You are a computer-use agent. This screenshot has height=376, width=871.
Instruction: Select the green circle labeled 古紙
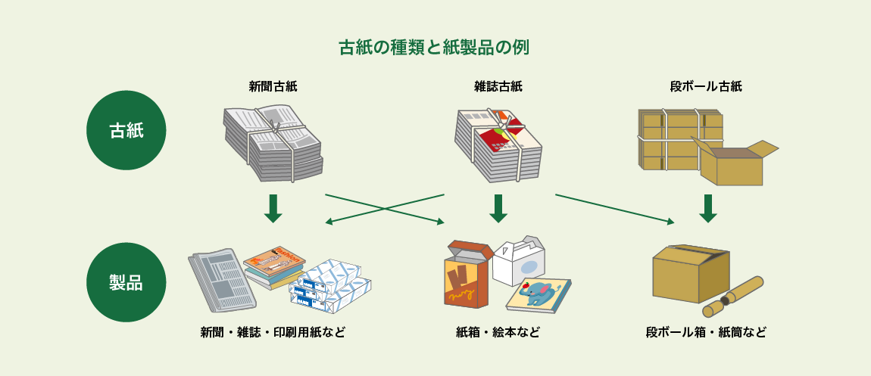coord(126,130)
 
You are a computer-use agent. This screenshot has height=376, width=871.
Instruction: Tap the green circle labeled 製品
coord(126,282)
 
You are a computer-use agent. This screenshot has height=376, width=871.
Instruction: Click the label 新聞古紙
coord(273,86)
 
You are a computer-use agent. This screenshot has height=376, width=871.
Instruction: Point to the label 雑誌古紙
coord(498,86)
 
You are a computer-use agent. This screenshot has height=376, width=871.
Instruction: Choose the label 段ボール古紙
coord(706,86)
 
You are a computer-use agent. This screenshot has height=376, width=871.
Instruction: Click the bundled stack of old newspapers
coord(273,144)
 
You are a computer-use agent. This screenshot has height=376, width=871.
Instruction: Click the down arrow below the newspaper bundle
coord(273,209)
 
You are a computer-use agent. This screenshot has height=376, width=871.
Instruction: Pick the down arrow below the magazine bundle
coord(498,209)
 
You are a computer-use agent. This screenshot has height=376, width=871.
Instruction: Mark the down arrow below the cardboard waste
coord(707,209)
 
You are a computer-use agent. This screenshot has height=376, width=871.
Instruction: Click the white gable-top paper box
coord(519,259)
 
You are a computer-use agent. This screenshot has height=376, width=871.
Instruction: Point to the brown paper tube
coord(734,297)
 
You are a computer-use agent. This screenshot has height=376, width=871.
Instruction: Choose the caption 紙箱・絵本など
coord(498,332)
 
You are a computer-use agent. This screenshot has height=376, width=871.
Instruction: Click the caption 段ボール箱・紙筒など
coord(706,332)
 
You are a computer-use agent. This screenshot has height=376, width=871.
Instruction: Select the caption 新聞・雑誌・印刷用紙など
coord(273,332)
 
